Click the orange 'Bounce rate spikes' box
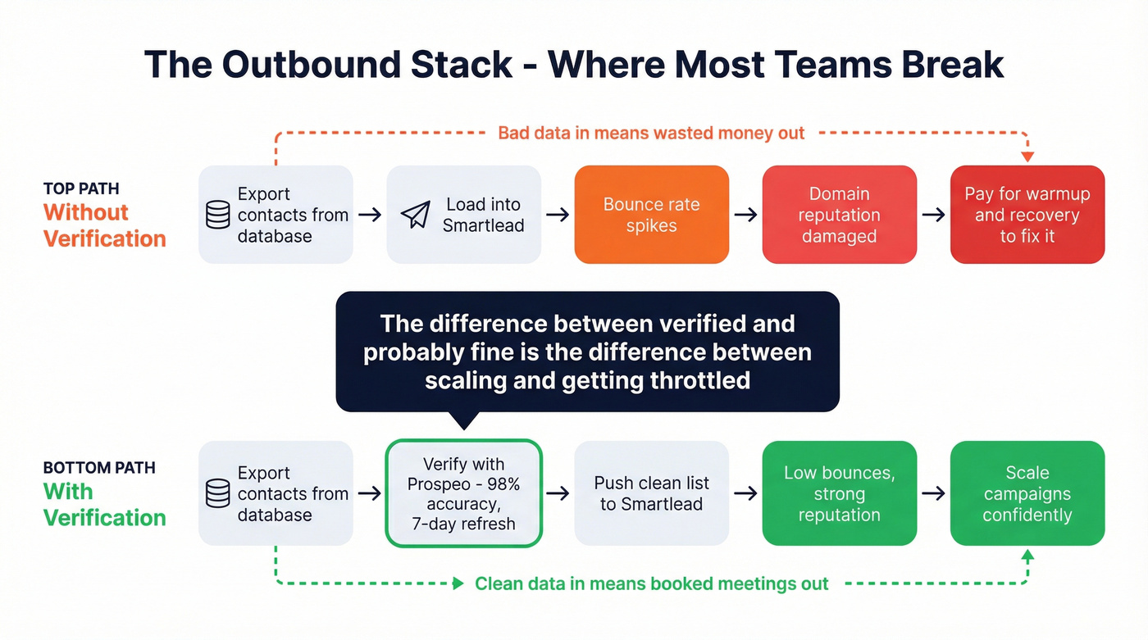click(651, 215)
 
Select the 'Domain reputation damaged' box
click(839, 215)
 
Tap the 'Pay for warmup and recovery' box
click(1027, 215)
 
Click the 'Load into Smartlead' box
click(463, 215)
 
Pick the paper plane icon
click(416, 215)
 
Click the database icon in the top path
click(218, 215)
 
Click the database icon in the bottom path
click(218, 493)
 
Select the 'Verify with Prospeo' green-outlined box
click(463, 493)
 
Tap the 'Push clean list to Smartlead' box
click(651, 493)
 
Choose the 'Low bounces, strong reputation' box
click(839, 493)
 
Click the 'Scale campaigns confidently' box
click(1027, 493)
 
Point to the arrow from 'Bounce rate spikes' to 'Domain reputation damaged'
click(745, 215)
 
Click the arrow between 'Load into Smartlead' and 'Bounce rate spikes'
click(558, 215)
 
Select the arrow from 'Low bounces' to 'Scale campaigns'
click(933, 493)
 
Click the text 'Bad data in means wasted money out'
click(651, 133)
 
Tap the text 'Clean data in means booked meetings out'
click(651, 583)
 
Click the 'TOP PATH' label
click(81, 188)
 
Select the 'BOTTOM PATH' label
click(99, 467)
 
